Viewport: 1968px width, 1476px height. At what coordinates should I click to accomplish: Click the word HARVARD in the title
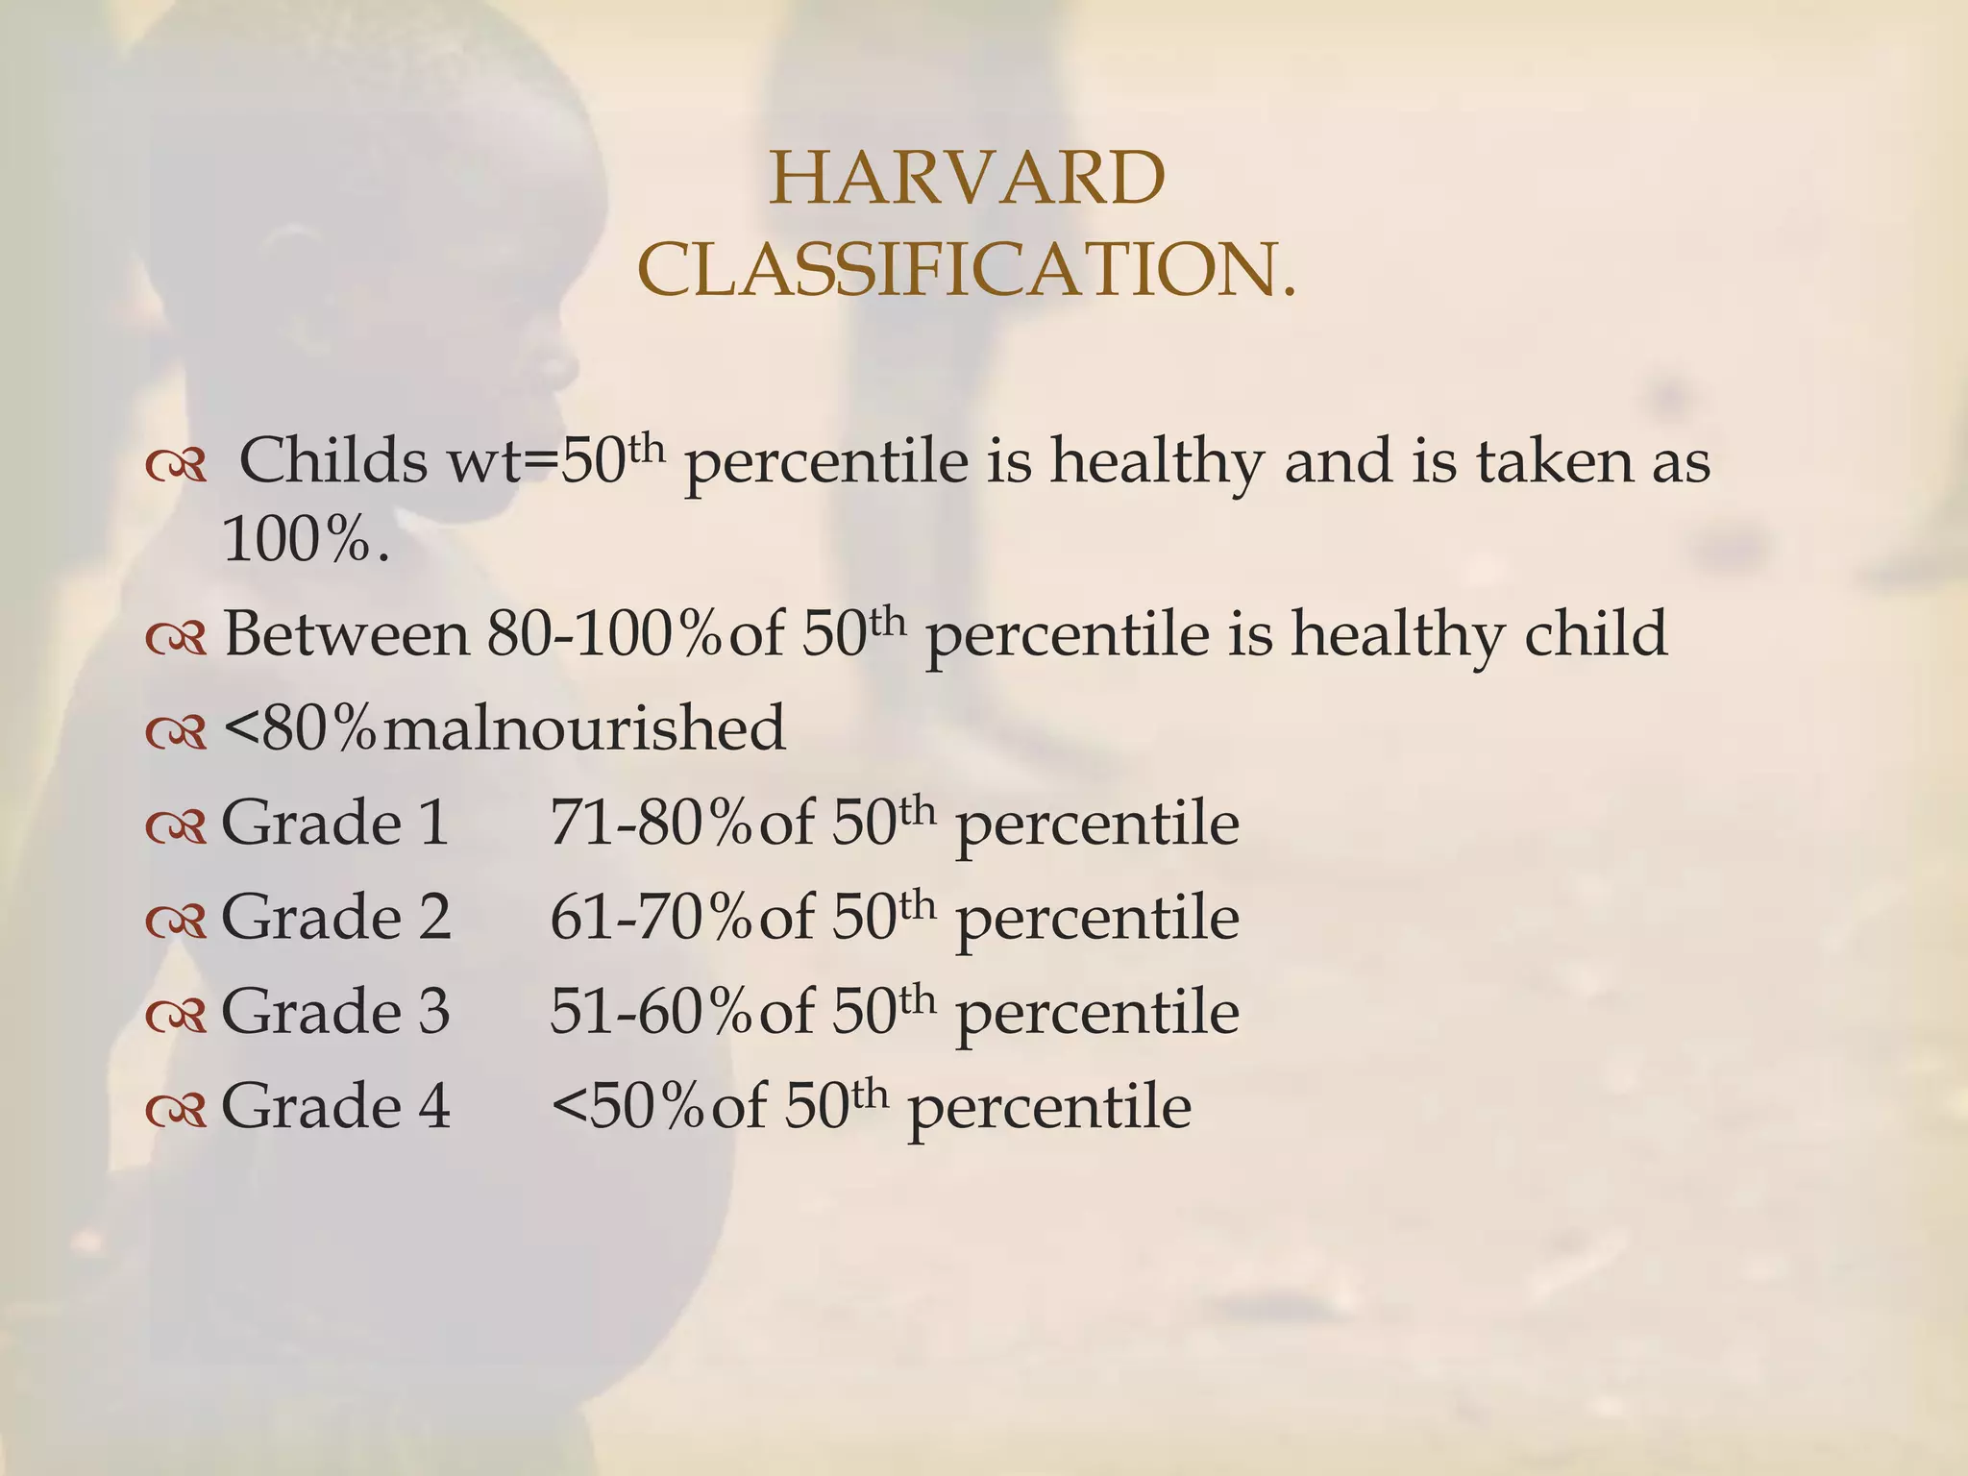point(967,180)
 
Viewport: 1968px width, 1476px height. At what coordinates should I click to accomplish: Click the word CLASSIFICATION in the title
point(961,270)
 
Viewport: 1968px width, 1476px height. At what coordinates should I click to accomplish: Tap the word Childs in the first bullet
point(332,461)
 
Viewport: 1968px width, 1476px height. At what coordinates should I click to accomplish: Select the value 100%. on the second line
point(306,540)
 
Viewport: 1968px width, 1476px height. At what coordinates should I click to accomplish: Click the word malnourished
point(584,728)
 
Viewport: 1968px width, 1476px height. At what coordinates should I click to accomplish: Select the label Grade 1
point(335,823)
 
